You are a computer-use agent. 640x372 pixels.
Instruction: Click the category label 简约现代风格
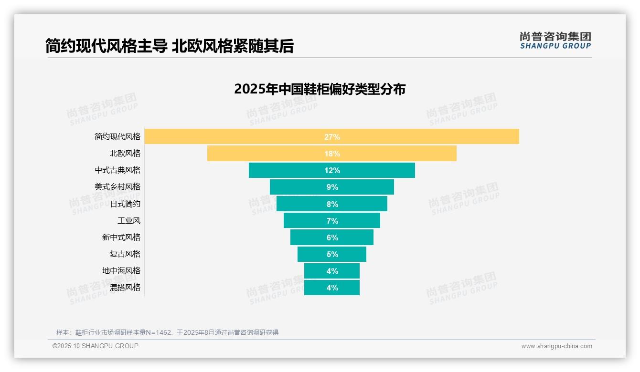point(117,137)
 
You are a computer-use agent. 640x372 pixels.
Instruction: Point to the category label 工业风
point(129,221)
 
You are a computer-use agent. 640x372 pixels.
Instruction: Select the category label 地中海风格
point(121,271)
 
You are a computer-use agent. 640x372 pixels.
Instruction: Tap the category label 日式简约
point(125,204)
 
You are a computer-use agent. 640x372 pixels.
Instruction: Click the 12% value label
point(332,170)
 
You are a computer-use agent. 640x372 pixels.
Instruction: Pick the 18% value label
point(332,154)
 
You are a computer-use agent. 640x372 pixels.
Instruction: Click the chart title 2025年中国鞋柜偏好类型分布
point(320,89)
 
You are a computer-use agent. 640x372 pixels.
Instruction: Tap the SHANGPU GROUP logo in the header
point(555,41)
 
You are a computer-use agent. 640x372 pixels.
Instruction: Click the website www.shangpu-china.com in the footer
point(556,346)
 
